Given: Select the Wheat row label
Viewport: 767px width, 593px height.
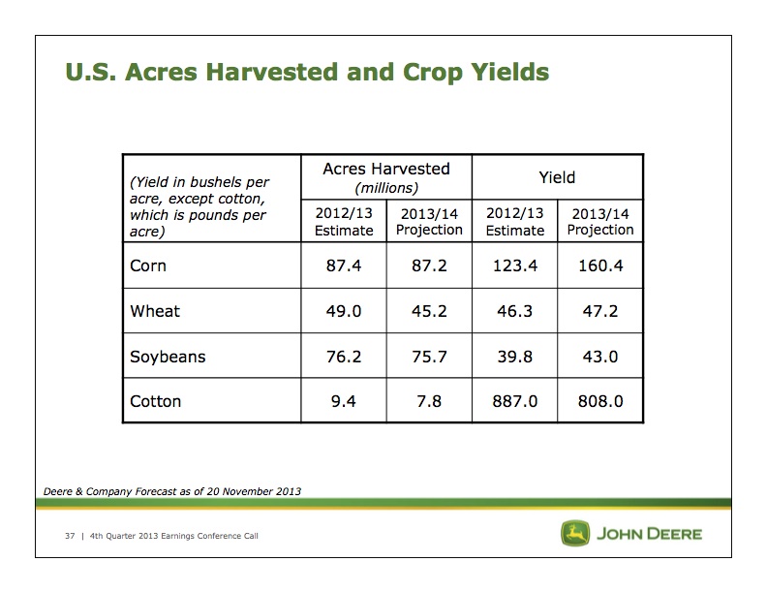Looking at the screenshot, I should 155,311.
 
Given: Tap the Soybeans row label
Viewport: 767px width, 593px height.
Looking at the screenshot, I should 168,357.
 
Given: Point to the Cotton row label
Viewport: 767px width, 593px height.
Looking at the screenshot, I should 156,401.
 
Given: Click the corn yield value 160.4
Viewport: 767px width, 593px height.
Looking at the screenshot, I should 600,266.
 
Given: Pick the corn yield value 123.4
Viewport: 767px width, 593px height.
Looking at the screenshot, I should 515,266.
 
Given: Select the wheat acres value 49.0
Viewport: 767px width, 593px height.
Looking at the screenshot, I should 344,311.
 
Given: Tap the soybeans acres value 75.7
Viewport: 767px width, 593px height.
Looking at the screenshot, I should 429,357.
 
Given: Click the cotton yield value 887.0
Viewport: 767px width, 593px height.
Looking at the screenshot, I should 515,401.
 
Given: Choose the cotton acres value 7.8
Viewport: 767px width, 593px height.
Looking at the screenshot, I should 429,401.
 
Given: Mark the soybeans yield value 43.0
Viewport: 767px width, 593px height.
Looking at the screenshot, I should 600,357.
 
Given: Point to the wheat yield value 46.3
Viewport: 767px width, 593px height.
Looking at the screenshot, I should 515,311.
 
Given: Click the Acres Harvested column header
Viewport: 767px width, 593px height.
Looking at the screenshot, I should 385,169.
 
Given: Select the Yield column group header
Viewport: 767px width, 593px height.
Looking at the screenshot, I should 557,177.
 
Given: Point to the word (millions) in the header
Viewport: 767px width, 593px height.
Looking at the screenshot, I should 385,187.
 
